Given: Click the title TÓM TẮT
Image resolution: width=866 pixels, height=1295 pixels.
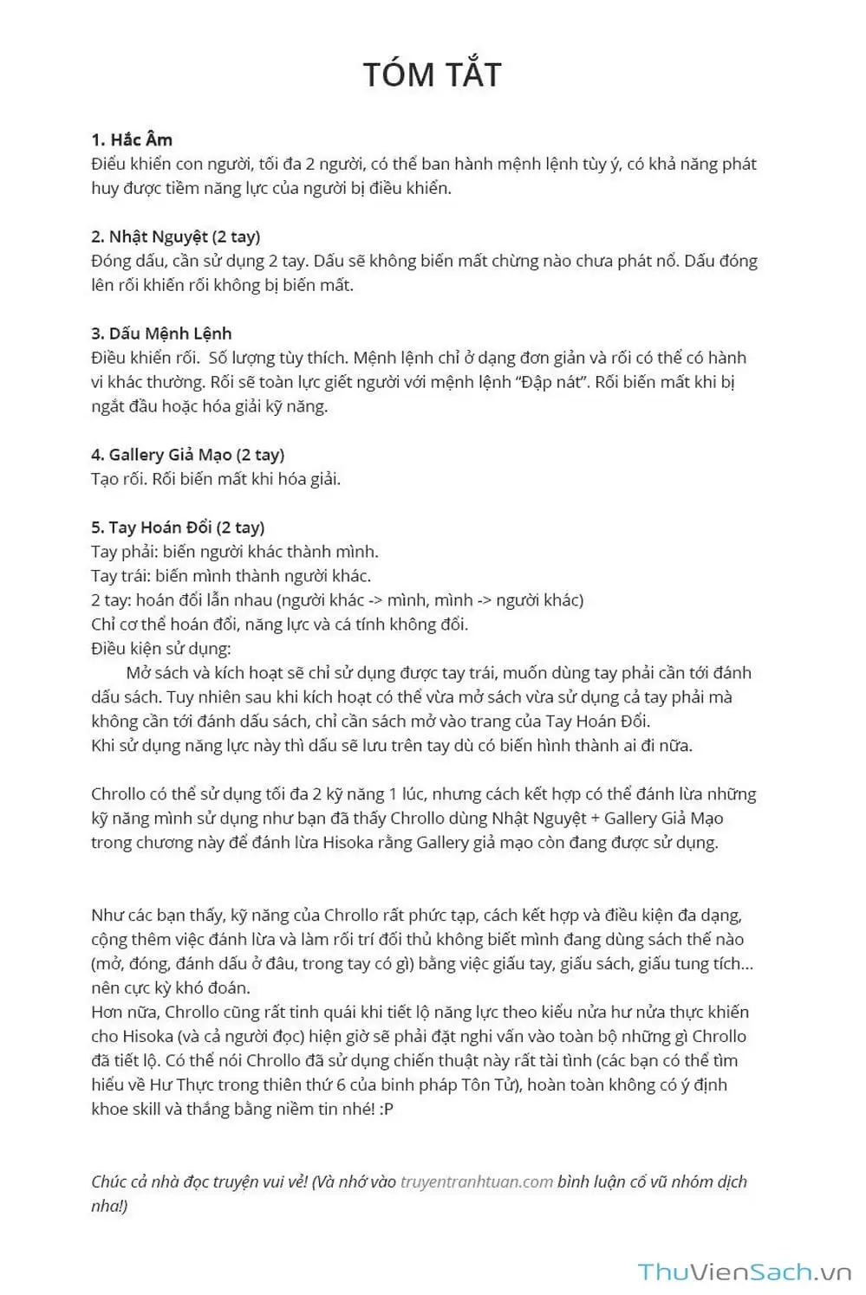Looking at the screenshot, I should point(432,74).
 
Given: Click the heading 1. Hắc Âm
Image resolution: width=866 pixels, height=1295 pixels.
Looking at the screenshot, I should point(132,139).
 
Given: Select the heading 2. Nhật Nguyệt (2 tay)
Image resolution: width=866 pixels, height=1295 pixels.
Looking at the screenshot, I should point(175,236).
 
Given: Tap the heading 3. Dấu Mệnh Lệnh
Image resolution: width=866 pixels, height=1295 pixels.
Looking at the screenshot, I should point(161,333).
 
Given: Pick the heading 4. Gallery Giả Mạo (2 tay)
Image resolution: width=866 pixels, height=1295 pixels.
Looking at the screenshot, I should point(187,455).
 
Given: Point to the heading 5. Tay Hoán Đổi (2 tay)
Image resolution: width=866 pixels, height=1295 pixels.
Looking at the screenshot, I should point(178,528).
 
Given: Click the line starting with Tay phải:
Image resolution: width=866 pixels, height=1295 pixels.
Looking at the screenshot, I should point(234,552).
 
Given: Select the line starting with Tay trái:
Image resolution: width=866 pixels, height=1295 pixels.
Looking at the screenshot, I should point(231,576).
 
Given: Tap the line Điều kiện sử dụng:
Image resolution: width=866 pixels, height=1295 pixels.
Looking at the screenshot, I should point(161,649).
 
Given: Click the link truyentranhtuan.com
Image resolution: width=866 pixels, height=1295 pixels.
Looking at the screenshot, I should point(476,1182).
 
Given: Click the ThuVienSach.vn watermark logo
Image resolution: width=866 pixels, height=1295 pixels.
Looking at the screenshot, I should point(745,1272).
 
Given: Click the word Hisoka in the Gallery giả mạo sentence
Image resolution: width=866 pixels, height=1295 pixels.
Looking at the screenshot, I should point(348,843).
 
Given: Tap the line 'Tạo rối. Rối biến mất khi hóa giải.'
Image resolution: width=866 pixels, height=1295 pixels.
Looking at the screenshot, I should point(216,479).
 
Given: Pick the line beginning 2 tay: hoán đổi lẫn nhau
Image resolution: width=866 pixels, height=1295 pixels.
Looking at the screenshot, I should point(337,600).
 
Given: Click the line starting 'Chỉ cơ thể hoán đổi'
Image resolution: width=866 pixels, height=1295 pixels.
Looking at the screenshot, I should point(279,625).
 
